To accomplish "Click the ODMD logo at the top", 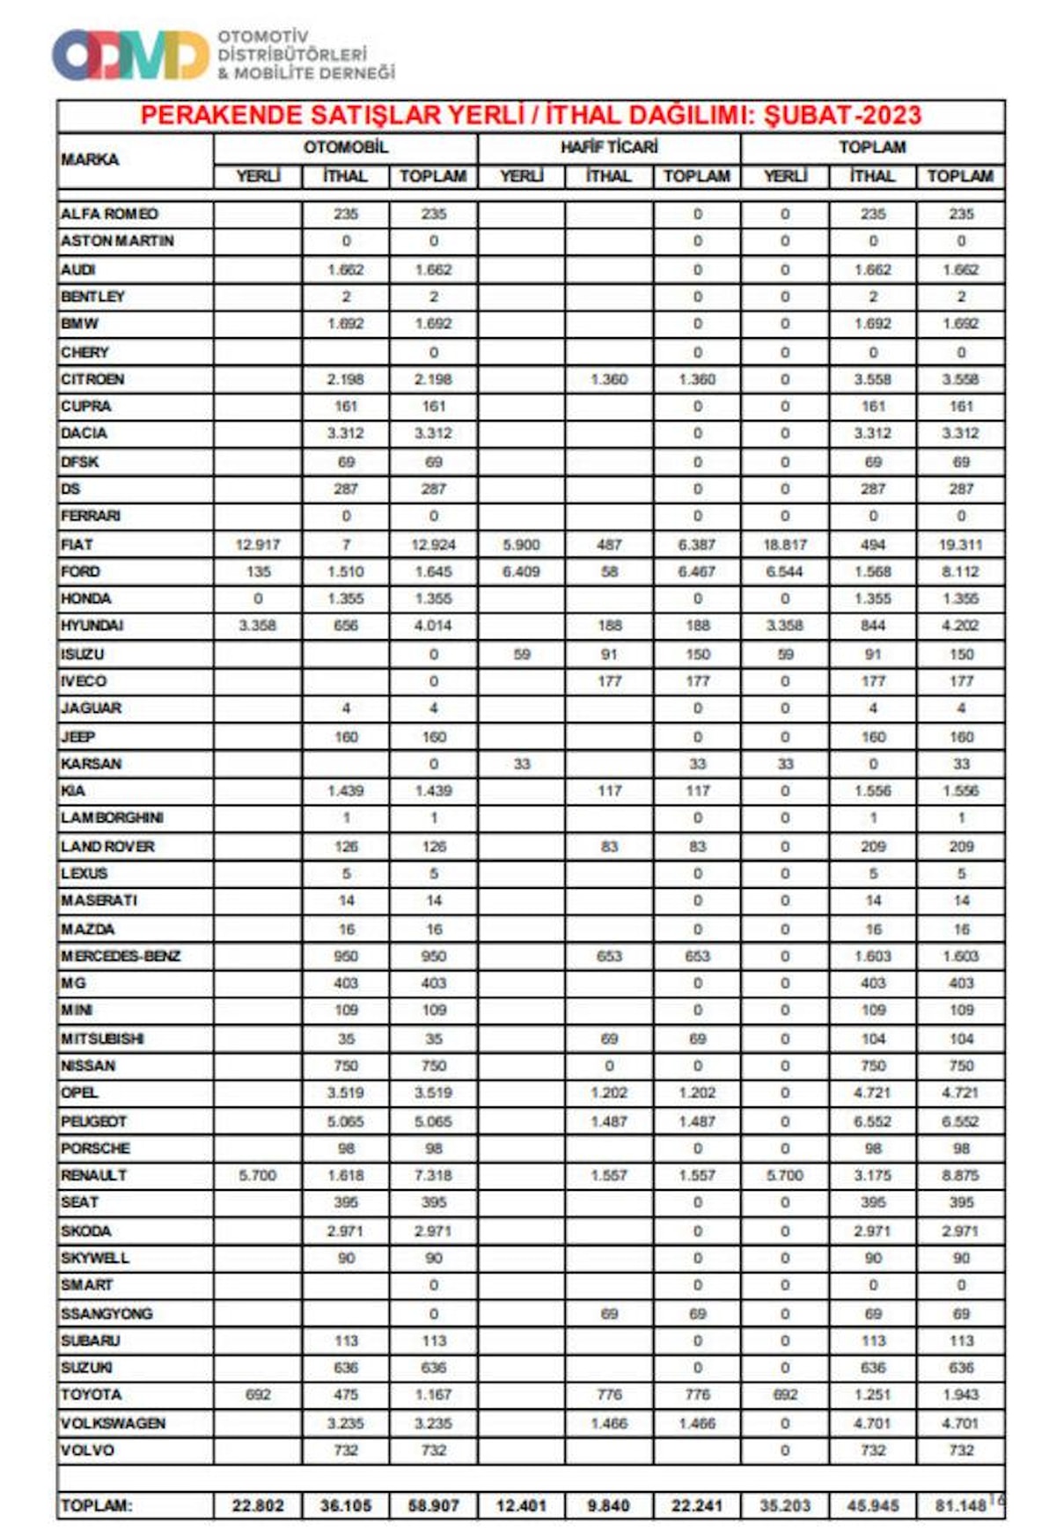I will point(130,55).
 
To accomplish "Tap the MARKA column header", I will point(90,159).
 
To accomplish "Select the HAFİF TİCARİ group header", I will point(609,147).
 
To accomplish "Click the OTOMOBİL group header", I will point(346,147).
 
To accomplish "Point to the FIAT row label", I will point(77,545).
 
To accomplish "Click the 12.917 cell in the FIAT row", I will point(258,545).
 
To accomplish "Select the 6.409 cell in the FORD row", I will point(521,571).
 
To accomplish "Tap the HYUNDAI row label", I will point(92,626).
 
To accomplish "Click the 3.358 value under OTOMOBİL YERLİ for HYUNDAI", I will point(258,626).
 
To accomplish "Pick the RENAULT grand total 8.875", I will point(960,1175).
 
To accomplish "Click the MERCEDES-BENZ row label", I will point(121,956).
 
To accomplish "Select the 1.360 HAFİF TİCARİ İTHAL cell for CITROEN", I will point(609,379).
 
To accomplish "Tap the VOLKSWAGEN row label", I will point(113,1423).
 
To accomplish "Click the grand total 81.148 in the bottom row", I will point(960,1506).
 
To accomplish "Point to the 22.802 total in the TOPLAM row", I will point(258,1506).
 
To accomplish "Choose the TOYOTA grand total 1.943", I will point(960,1395).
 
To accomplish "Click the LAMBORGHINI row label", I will point(112,818).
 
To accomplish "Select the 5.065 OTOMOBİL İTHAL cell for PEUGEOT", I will point(346,1121).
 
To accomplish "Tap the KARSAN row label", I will point(92,764).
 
